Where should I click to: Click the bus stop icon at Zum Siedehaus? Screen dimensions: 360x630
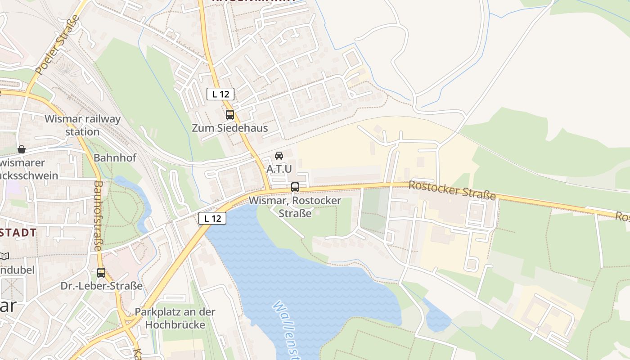[230, 115]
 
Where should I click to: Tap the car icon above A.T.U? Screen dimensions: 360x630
[279, 156]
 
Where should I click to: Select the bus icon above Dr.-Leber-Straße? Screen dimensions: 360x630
[101, 272]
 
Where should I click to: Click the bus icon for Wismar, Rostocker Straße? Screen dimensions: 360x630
[295, 187]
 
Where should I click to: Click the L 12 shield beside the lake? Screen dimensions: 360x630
[212, 218]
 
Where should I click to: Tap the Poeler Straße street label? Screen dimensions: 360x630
[58, 45]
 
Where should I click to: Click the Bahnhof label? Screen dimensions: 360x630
[115, 158]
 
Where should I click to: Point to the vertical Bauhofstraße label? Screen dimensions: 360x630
[99, 216]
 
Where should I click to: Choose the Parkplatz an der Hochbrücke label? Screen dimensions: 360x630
[175, 318]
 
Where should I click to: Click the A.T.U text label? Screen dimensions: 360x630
[279, 169]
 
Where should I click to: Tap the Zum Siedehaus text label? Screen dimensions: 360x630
[230, 128]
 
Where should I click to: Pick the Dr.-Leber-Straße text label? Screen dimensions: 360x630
[102, 286]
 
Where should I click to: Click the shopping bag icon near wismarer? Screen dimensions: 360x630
[22, 149]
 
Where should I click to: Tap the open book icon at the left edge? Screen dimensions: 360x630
[4, 256]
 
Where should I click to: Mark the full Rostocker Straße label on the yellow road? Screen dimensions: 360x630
[452, 191]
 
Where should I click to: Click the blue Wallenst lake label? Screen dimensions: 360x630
[288, 328]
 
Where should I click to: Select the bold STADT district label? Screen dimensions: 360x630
[18, 233]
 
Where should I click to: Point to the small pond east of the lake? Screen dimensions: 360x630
[436, 317]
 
